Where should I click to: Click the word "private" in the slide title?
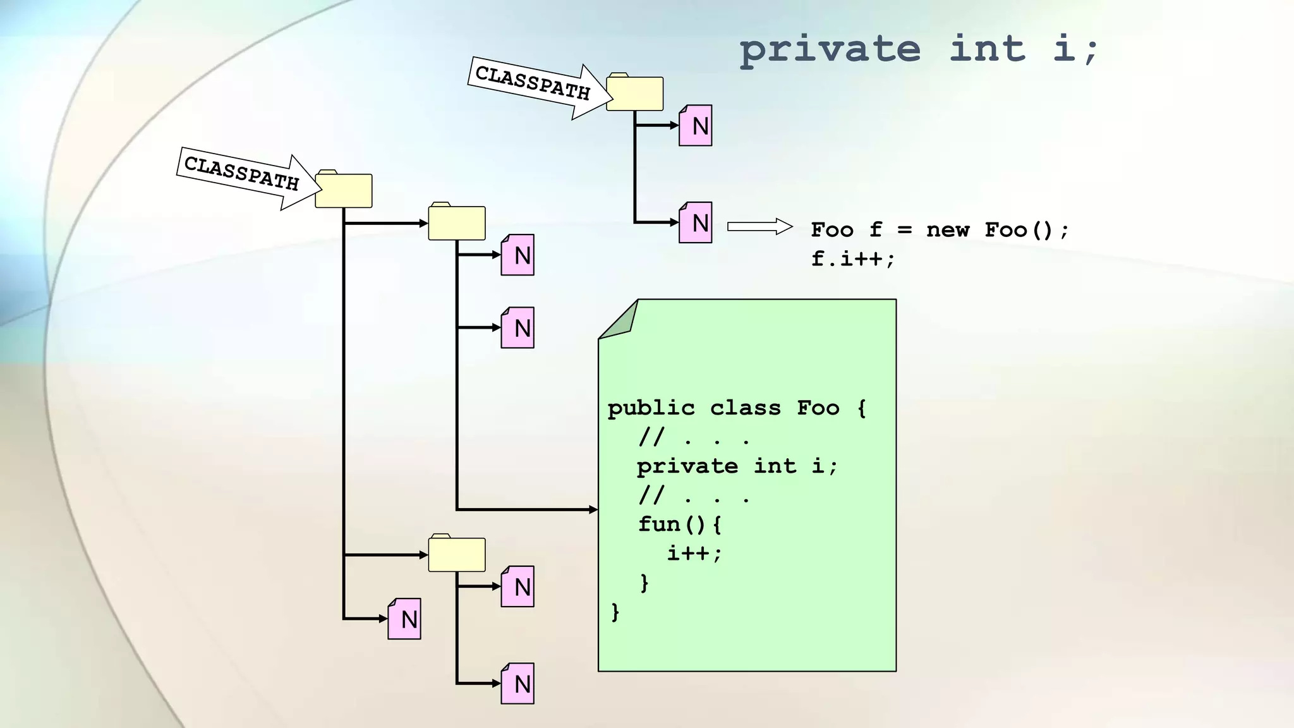(x=830, y=49)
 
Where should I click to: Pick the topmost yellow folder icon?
(x=634, y=93)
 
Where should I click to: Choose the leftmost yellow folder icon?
(x=343, y=190)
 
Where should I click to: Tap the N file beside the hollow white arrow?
(x=695, y=222)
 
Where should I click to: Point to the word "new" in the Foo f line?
(x=947, y=229)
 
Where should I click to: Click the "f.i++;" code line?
(x=852, y=258)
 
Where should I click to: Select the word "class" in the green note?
(x=745, y=408)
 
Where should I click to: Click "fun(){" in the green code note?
(x=679, y=524)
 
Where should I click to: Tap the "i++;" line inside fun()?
(x=694, y=553)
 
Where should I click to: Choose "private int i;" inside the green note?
(x=737, y=466)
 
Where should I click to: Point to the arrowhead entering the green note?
(x=593, y=509)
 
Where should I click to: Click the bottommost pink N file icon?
(x=517, y=683)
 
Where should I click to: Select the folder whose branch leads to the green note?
(x=456, y=222)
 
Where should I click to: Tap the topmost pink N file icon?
(x=695, y=125)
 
